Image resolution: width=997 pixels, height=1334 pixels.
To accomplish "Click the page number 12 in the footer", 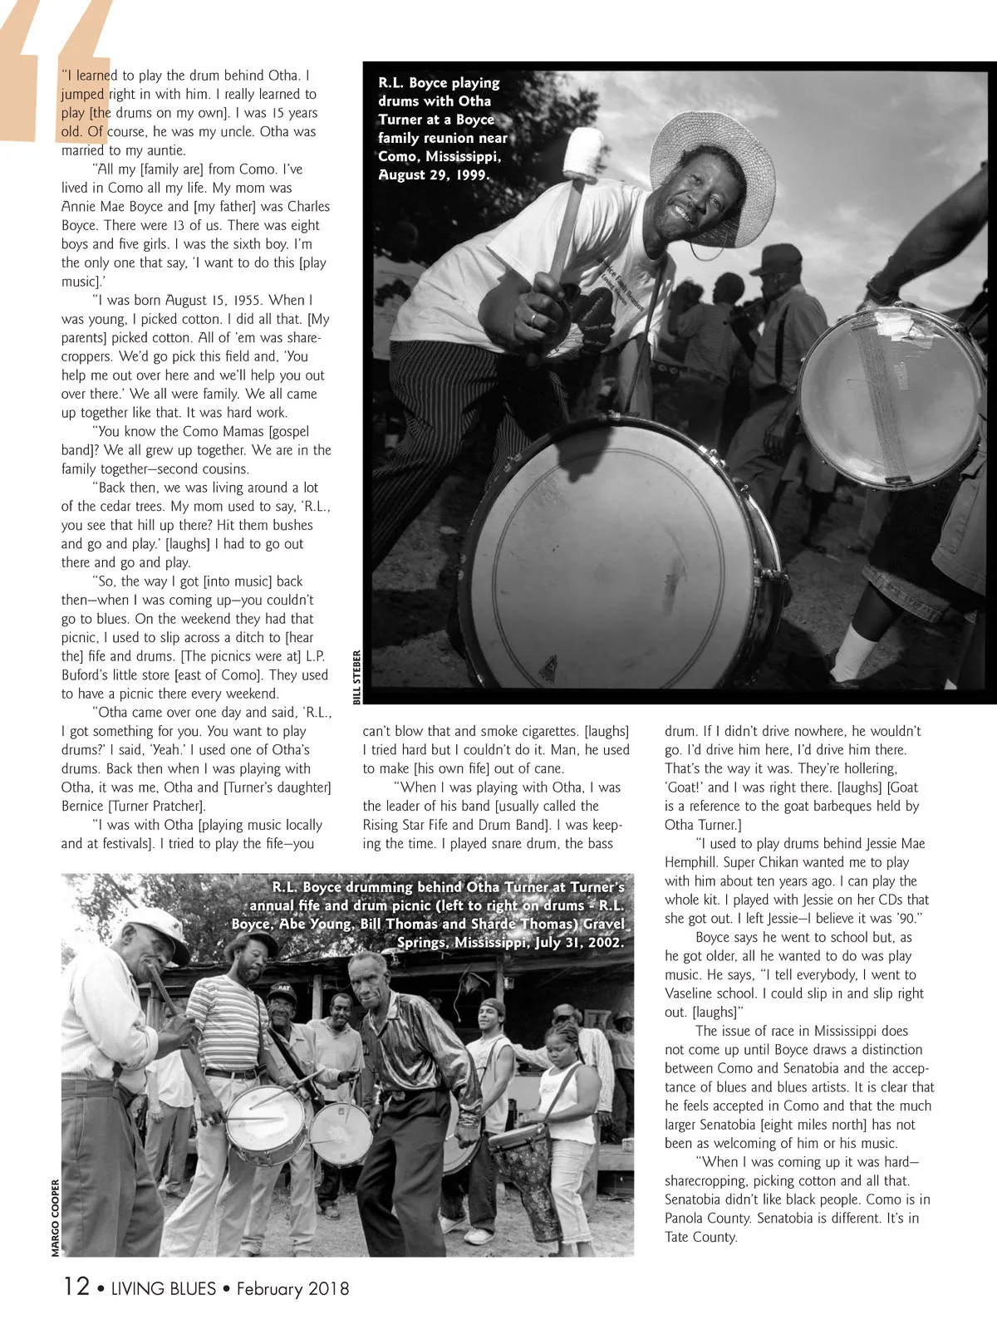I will coord(76,1287).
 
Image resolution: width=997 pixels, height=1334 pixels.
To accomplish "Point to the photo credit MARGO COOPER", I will coord(56,1218).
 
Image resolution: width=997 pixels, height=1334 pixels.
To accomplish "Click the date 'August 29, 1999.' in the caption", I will coord(434,175).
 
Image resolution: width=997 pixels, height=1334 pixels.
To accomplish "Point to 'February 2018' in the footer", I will coord(292,1289).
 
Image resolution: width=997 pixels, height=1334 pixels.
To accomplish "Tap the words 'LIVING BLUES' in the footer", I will coord(163,1289).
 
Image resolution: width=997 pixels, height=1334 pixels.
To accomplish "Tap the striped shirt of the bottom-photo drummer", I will coord(234,1023).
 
